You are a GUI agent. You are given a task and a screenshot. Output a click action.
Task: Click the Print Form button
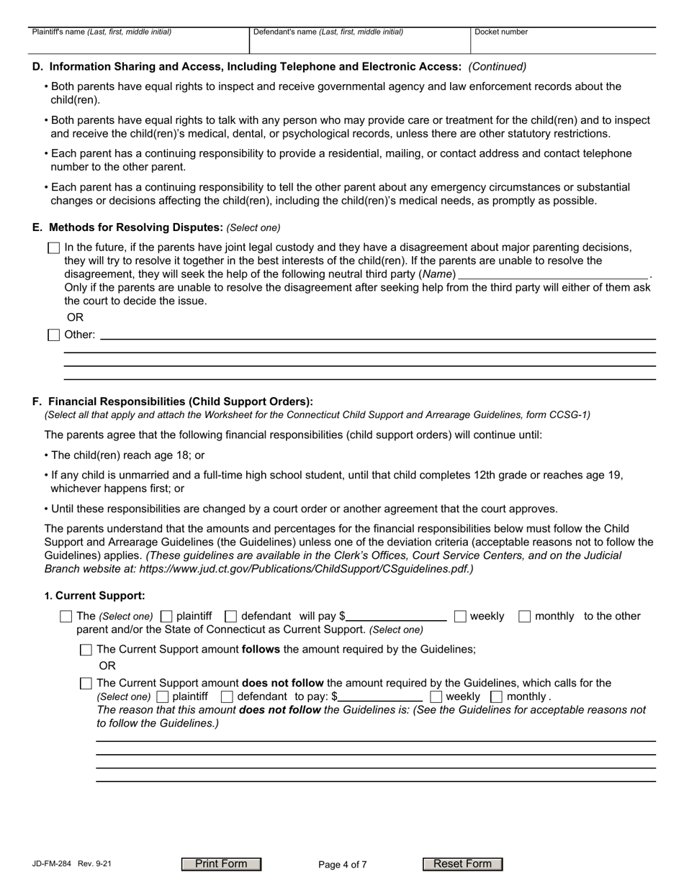coord(221,864)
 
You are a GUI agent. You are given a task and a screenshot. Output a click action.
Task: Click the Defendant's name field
coord(359,44)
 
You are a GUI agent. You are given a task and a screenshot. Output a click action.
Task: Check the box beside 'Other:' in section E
coord(53,335)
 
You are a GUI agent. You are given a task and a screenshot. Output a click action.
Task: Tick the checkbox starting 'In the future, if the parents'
coord(53,248)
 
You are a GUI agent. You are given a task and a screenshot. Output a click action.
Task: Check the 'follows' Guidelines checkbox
coord(86,650)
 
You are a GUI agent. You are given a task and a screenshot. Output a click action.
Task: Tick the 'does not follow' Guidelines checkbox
coord(86,684)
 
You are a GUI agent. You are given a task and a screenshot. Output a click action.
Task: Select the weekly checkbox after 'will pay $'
coord(460,616)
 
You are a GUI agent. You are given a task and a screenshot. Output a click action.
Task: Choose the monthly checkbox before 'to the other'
coord(525,616)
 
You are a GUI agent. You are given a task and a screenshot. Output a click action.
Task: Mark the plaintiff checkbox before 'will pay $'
coord(166,616)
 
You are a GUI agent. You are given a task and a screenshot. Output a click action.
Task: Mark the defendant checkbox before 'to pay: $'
coord(227,696)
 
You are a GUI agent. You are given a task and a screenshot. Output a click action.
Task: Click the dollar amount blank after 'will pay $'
coord(397,615)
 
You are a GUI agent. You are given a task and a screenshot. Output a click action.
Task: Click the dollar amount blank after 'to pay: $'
coord(381,696)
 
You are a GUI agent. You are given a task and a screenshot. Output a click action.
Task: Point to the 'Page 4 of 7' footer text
coord(343,865)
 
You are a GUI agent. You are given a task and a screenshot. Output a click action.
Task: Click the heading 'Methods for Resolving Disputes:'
coord(136,227)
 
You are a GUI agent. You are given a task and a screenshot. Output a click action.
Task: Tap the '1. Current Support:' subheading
coord(95,596)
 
